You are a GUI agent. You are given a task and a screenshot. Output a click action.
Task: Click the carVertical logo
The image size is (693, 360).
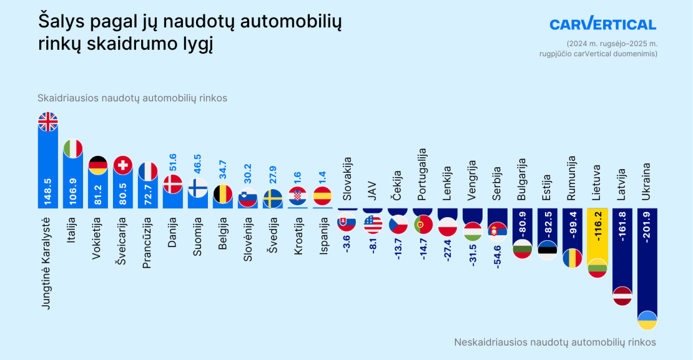point(602,24)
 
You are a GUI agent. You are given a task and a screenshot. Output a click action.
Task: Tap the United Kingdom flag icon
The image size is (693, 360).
point(48,122)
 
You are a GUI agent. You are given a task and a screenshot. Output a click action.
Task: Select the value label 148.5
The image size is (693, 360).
point(48,192)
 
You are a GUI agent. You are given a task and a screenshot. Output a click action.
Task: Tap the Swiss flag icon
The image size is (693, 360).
point(123,165)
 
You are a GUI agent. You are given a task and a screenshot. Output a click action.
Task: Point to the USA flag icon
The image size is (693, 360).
point(373,223)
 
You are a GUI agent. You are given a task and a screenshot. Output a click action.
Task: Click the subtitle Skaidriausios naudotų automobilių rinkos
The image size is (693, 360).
point(132,98)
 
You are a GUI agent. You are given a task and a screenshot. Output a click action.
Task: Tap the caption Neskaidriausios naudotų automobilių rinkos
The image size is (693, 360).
point(555,342)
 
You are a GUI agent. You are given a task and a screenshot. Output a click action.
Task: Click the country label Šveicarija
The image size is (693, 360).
point(122,241)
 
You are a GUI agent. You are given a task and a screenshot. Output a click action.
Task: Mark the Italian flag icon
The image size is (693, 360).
point(73,148)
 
